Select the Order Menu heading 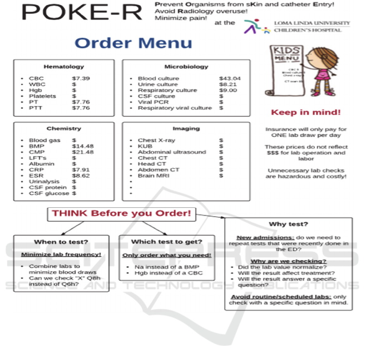(133, 43)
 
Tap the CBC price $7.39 (81, 78)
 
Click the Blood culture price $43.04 (230, 78)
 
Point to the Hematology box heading (64, 67)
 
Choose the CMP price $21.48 (83, 152)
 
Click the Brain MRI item (153, 176)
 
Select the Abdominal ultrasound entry (171, 152)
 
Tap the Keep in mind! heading (306, 112)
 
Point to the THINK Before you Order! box (121, 213)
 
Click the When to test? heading (61, 242)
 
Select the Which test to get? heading (167, 242)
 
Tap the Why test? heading (288, 224)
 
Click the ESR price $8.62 (81, 176)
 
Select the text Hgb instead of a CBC (169, 273)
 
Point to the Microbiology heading (186, 67)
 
